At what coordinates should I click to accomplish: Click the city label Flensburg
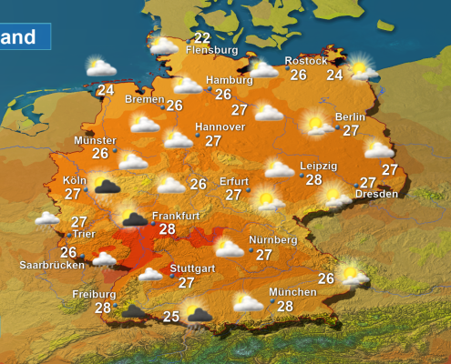(211, 51)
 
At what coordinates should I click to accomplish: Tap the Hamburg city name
(228, 80)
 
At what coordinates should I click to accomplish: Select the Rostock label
(305, 61)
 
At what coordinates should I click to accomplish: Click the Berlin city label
(350, 117)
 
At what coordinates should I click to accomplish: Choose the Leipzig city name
(319, 167)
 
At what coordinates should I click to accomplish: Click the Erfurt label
(234, 181)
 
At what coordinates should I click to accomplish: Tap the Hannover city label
(220, 126)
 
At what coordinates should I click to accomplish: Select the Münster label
(95, 141)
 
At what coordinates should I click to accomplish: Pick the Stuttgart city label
(194, 269)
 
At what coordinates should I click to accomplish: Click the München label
(292, 292)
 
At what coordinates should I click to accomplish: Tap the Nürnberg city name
(272, 240)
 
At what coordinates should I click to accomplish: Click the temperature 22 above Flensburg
(201, 38)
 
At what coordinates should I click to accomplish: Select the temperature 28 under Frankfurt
(167, 229)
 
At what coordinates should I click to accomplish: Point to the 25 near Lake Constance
(170, 317)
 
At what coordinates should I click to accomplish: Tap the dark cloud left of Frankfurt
(136, 218)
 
